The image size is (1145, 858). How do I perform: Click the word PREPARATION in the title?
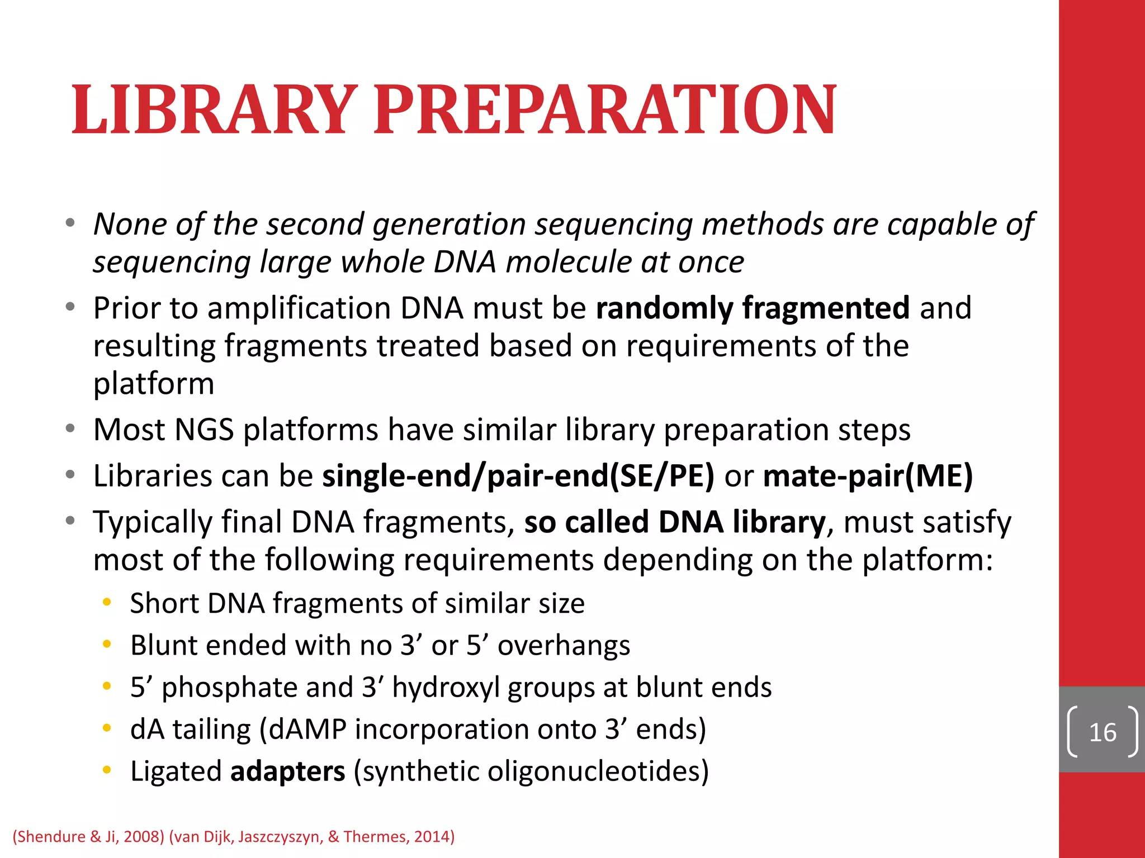pyautogui.click(x=605, y=109)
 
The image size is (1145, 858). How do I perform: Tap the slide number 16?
pyautogui.click(x=1103, y=732)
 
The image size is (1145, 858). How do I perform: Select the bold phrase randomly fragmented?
pyautogui.click(x=753, y=308)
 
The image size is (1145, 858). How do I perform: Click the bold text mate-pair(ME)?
pyautogui.click(x=868, y=476)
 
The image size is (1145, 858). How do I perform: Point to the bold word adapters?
pyautogui.click(x=288, y=771)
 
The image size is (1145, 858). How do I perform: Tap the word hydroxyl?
pyautogui.click(x=446, y=688)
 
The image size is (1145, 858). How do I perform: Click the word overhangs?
pyautogui.click(x=564, y=646)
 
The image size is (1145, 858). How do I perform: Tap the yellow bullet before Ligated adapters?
pyautogui.click(x=107, y=770)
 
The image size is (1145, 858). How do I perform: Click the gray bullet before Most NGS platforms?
pyautogui.click(x=70, y=429)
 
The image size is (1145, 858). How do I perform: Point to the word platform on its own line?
pyautogui.click(x=154, y=384)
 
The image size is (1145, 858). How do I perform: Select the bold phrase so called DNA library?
pyautogui.click(x=674, y=522)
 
